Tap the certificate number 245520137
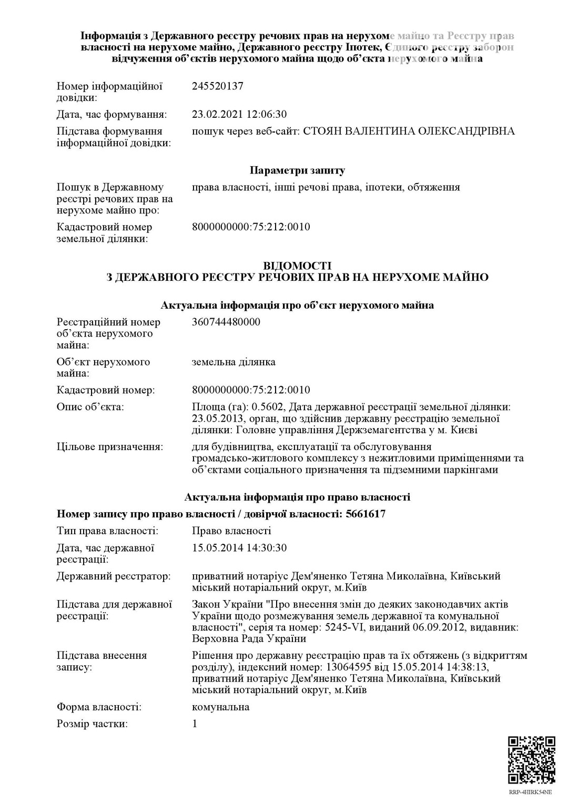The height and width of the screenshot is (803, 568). coord(218,86)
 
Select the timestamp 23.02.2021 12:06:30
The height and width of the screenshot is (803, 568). coord(239,114)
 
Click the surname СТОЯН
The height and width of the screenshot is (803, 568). coord(322,131)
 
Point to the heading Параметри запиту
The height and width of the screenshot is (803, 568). coord(297,170)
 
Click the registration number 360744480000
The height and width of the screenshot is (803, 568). coord(226,322)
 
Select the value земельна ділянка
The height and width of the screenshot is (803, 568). coord(234,362)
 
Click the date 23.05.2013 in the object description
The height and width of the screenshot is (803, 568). coord(218,419)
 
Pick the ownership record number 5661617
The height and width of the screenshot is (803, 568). coord(366,514)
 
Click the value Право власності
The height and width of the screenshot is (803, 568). coord(231,531)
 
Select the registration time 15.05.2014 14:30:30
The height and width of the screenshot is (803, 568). coord(239,547)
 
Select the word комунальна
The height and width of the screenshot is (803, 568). coord(221,707)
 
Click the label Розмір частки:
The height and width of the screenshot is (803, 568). coord(92,724)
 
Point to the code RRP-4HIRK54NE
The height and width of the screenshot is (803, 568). coord(530,792)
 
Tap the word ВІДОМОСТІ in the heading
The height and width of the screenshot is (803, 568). coord(297,266)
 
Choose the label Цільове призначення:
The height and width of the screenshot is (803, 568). coord(109,447)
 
